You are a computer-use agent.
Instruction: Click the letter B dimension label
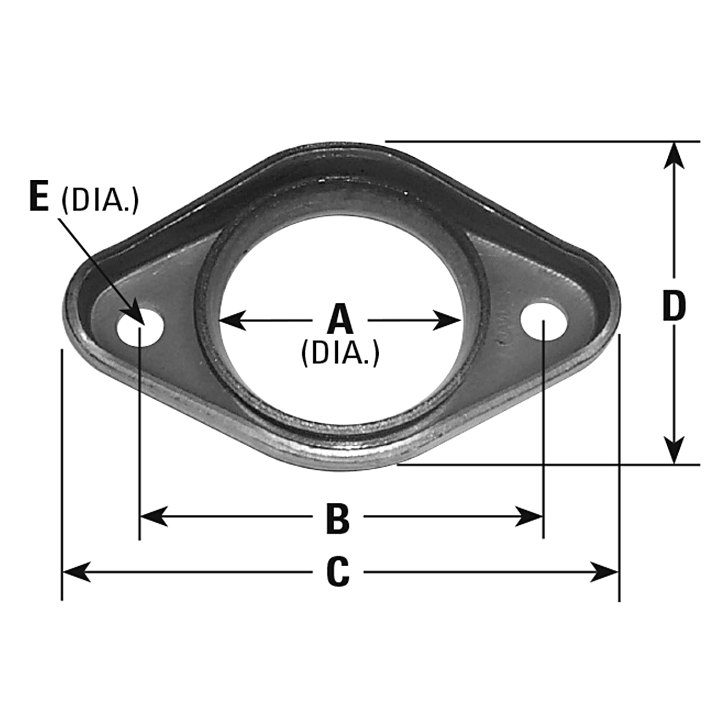coord(338,518)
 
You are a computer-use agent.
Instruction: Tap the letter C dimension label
coord(338,572)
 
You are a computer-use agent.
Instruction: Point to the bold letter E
coord(39,197)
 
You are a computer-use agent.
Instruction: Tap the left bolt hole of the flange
coord(140,328)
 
